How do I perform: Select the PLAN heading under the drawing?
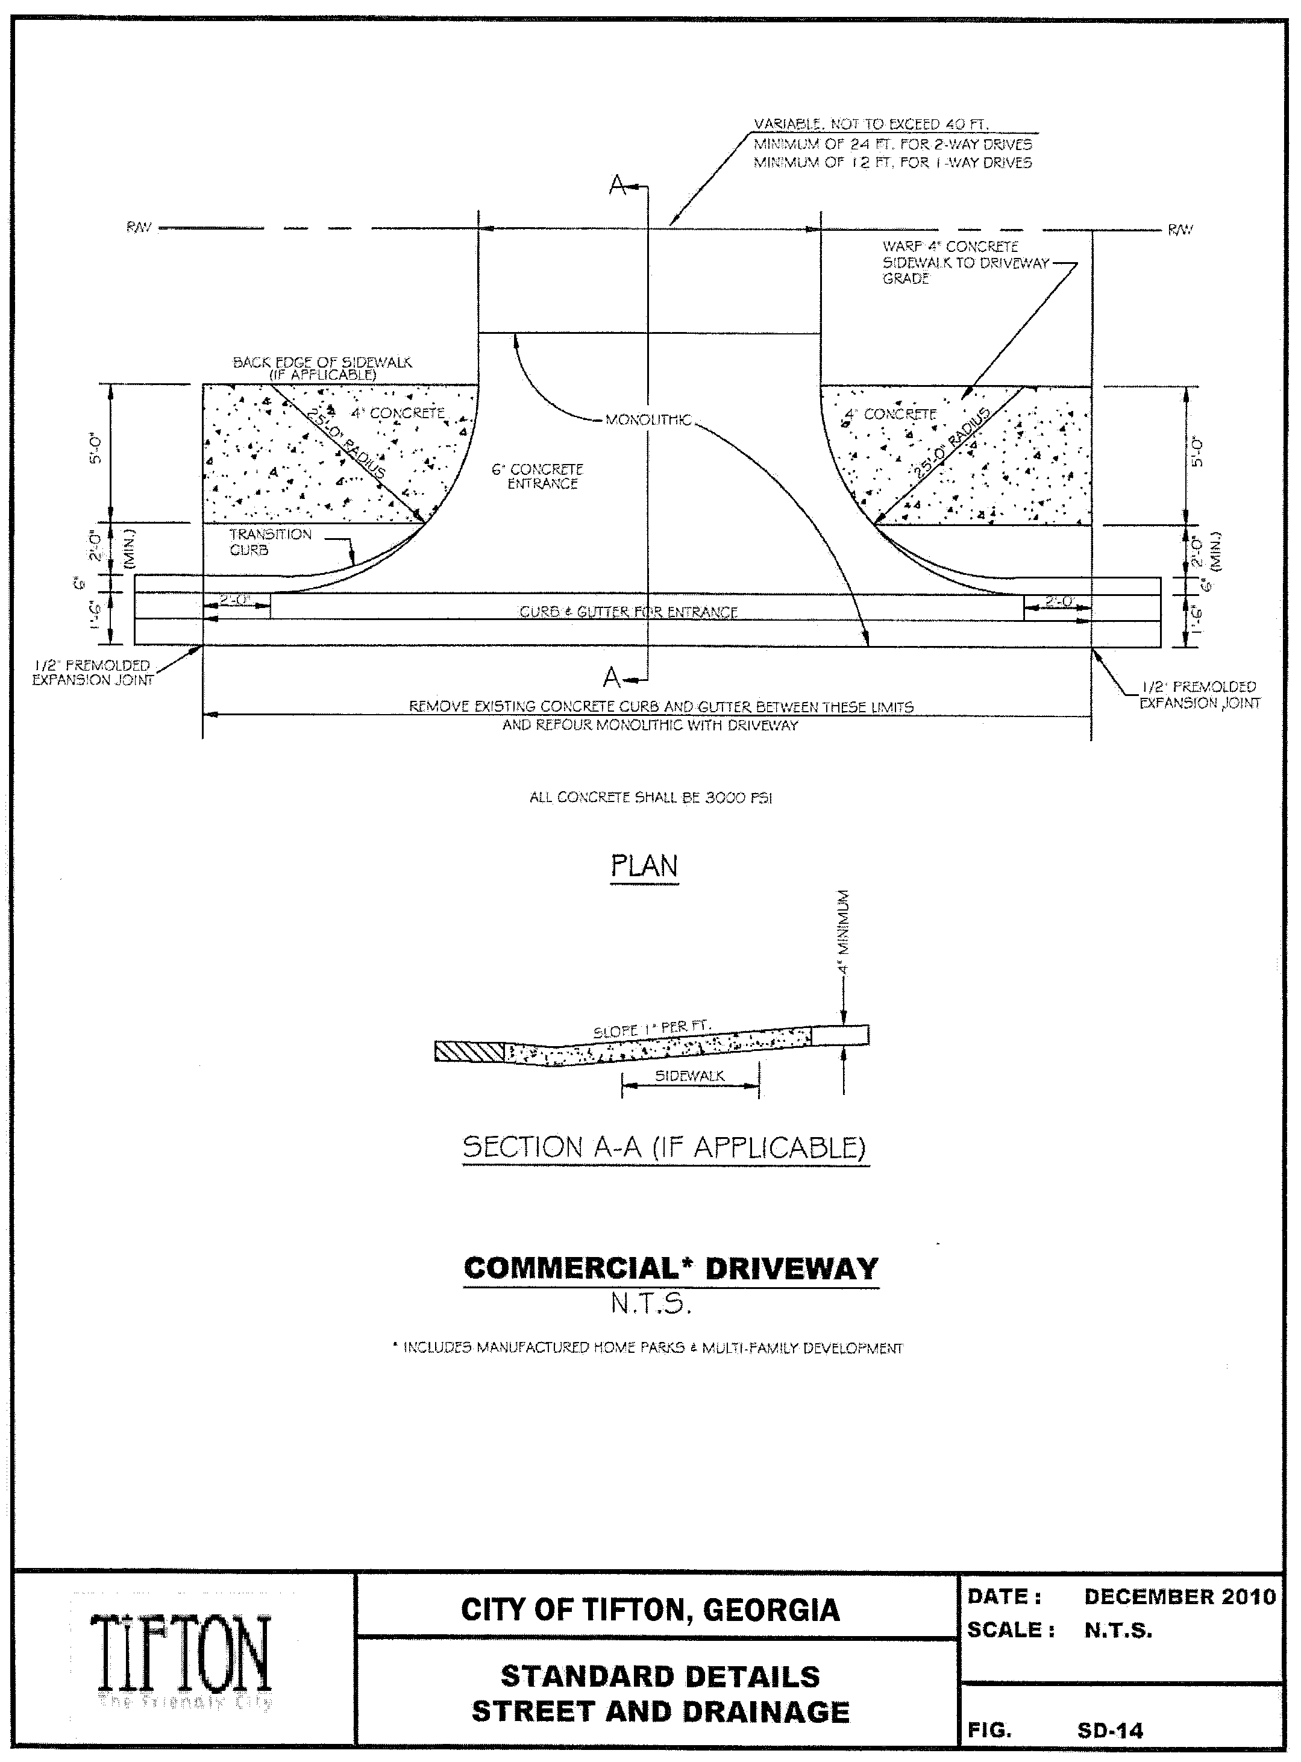pyautogui.click(x=644, y=866)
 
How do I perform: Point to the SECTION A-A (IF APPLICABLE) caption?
pyautogui.click(x=664, y=1147)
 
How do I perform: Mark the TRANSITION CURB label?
pyautogui.click(x=269, y=542)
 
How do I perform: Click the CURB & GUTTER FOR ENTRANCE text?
pyautogui.click(x=628, y=612)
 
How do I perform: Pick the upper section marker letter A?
pyautogui.click(x=618, y=186)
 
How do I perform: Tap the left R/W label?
pyautogui.click(x=139, y=228)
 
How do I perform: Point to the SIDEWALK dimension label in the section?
pyautogui.click(x=689, y=1076)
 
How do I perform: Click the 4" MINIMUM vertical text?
pyautogui.click(x=844, y=932)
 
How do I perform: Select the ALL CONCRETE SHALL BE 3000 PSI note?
pyautogui.click(x=651, y=798)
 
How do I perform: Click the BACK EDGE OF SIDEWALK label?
pyautogui.click(x=322, y=368)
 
